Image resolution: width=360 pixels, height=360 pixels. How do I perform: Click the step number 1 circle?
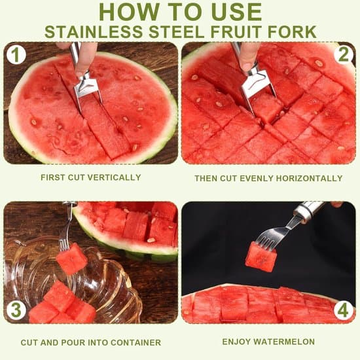pos(16,54)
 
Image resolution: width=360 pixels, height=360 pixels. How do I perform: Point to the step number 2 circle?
pos(344,54)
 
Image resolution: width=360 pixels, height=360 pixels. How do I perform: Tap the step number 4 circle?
pos(344,310)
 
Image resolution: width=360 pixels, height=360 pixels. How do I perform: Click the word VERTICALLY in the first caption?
pos(114,177)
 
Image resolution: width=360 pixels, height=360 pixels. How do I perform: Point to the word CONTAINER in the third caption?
pos(135,342)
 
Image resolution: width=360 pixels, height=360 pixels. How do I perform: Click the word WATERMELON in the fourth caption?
pos(284,342)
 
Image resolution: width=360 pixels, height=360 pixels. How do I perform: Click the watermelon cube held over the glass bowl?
pos(72,259)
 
